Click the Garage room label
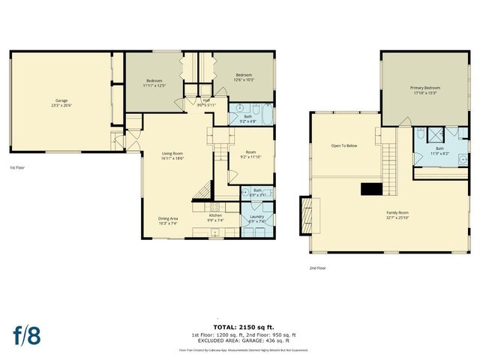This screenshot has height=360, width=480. tap(61, 100)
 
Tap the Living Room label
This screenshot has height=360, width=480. tap(172, 154)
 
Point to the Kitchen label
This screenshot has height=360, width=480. tap(215, 215)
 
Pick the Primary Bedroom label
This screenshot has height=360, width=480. tap(424, 88)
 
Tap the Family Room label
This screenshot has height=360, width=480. tap(397, 213)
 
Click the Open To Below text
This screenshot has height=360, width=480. tap(344, 145)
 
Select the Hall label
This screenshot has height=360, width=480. tap(205, 100)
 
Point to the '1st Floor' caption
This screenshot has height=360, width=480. tap(18, 167)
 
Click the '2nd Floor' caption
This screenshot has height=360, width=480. tap(317, 268)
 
